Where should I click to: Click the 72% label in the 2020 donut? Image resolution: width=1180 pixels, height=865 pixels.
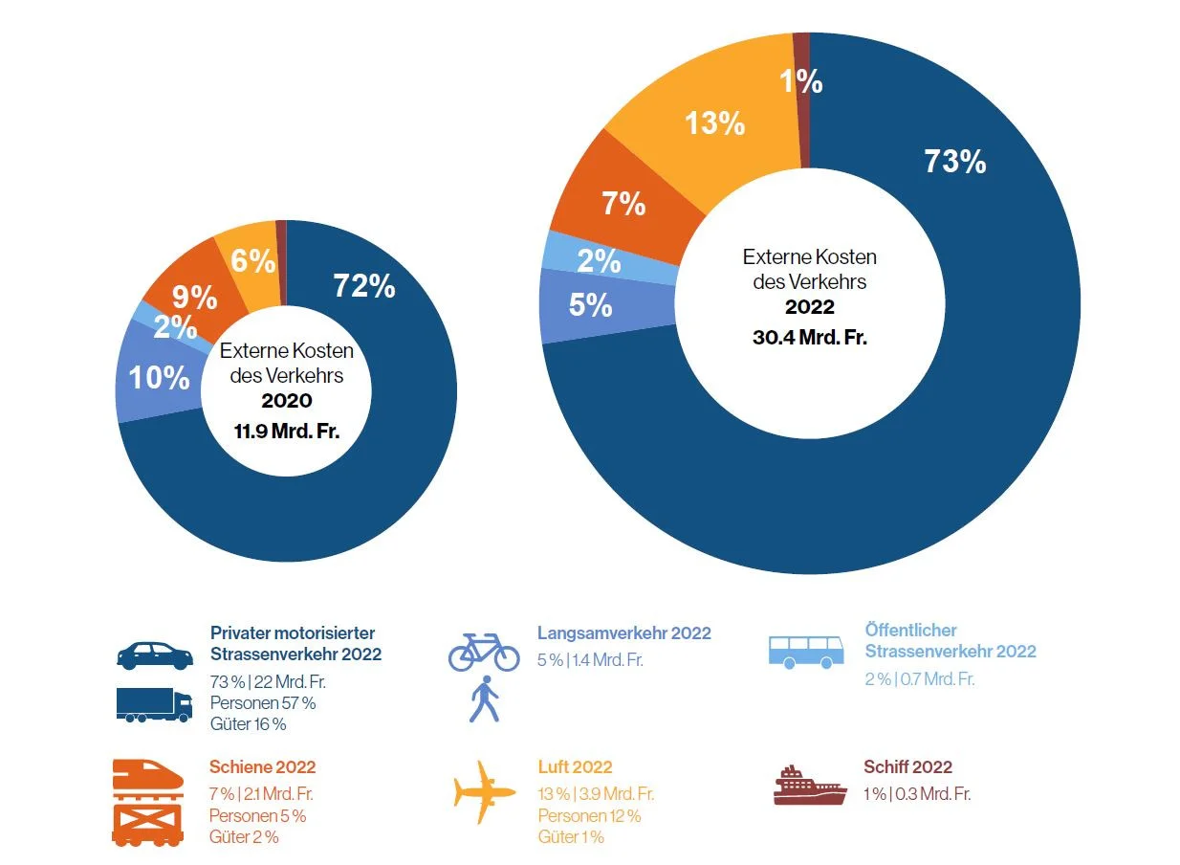(363, 285)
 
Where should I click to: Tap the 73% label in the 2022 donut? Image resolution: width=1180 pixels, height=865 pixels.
(954, 162)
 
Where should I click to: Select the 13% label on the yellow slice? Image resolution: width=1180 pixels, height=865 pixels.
(714, 122)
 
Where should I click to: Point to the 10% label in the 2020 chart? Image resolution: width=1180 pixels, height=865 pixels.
(159, 377)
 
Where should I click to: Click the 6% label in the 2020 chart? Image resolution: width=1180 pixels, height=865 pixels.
(253, 260)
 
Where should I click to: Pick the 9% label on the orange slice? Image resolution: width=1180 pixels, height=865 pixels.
(194, 298)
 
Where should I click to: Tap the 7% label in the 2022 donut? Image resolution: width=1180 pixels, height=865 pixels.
(623, 203)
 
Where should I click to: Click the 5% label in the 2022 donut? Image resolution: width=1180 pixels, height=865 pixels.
(590, 304)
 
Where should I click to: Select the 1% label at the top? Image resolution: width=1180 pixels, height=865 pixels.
(801, 81)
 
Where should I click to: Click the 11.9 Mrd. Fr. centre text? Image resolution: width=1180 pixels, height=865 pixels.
(287, 431)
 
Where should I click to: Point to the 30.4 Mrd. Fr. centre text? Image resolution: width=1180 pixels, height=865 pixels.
(810, 337)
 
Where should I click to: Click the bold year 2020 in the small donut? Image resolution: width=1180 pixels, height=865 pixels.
(287, 401)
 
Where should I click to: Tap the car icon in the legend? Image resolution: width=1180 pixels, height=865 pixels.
(155, 655)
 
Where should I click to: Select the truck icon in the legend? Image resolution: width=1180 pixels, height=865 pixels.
(154, 704)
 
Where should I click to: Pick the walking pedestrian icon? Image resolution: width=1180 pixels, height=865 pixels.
(484, 699)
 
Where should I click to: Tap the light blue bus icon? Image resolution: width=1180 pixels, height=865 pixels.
(806, 650)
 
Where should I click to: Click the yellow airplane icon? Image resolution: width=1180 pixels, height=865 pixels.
(485, 791)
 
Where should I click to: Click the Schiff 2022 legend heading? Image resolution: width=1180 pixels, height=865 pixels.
(907, 767)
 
